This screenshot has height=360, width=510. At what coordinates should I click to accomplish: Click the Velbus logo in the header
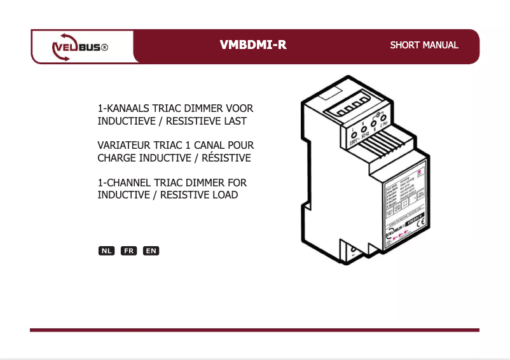coord(79,47)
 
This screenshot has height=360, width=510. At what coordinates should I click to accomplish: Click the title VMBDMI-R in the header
coord(252,45)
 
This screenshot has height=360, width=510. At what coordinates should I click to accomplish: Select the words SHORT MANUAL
coord(424,45)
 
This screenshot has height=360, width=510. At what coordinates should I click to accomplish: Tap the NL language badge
coord(106,251)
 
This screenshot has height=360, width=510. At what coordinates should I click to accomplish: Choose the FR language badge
coord(128,251)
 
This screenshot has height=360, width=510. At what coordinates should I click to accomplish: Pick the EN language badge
coord(151,251)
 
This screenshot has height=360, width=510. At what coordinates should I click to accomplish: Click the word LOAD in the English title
coord(226,195)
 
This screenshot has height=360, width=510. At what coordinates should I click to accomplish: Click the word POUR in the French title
coord(242,146)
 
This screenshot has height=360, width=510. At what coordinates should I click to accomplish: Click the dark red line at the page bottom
coord(254,329)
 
